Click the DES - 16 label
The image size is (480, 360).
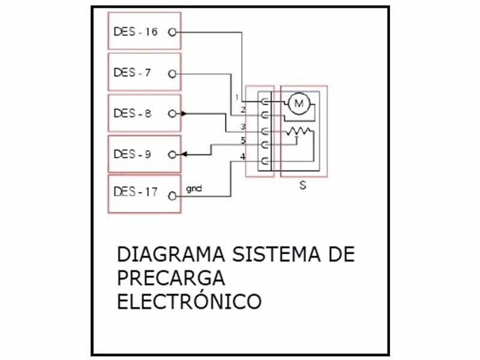click(136, 32)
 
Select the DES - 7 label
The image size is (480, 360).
click(132, 73)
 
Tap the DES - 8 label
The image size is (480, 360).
click(132, 113)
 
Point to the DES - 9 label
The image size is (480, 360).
click(132, 154)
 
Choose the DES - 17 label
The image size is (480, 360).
click(136, 192)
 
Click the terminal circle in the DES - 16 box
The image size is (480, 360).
click(172, 32)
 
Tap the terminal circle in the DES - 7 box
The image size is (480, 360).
click(172, 74)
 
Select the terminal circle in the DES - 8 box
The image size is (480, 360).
click(172, 114)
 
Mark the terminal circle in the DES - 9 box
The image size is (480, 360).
click(172, 155)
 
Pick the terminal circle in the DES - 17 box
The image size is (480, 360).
click(172, 196)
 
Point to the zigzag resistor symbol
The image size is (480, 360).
click(299, 131)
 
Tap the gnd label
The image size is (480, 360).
click(194, 189)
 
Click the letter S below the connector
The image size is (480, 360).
click(302, 185)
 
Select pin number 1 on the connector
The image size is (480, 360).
click(237, 97)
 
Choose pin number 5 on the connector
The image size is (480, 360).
click(243, 140)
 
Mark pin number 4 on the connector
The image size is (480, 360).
click(243, 157)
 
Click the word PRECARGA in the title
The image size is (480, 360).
click(171, 278)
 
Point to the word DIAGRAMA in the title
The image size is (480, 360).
click(172, 254)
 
